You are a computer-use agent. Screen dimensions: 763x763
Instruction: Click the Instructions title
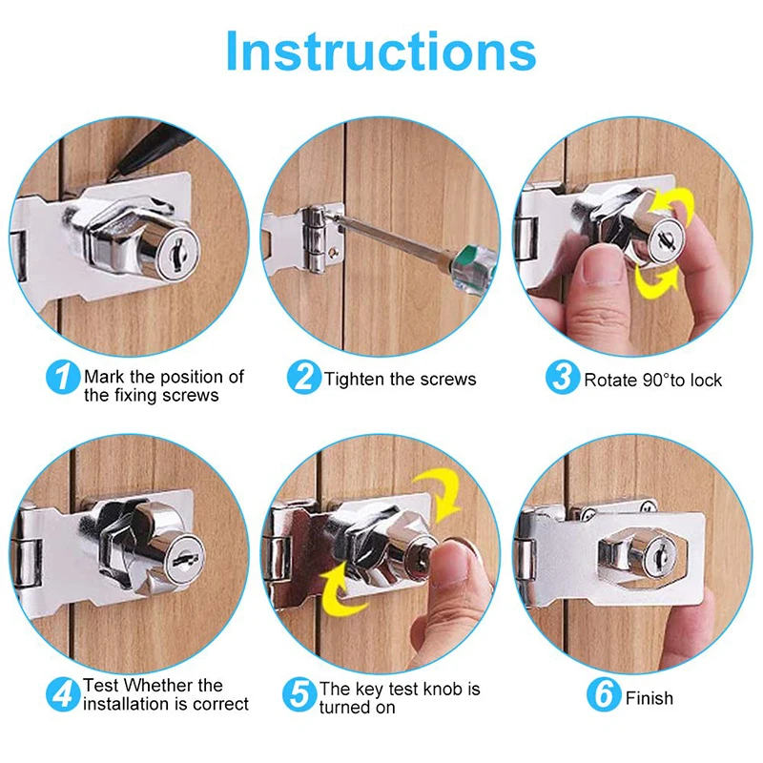[381, 52]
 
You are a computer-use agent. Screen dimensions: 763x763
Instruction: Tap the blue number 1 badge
[63, 377]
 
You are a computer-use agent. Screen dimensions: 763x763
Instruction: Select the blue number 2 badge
[303, 377]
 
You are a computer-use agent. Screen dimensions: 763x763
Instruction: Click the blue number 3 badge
[563, 377]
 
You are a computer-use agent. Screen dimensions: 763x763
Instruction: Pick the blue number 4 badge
[63, 694]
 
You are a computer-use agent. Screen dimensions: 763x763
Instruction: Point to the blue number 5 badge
[299, 694]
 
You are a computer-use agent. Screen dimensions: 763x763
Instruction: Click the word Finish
[650, 698]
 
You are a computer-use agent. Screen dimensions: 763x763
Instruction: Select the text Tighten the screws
[401, 379]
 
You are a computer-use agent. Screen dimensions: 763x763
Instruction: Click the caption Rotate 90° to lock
[653, 380]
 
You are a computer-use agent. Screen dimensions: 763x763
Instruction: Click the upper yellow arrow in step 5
[440, 492]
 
